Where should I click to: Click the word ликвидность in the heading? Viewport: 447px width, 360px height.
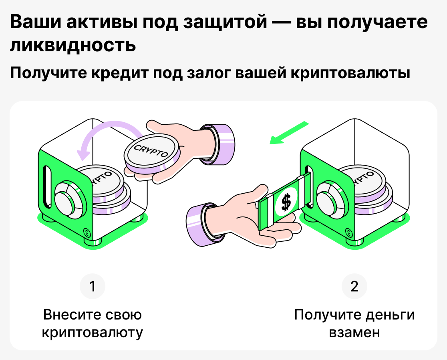pos(72,45)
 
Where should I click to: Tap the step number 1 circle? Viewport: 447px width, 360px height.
pos(93,287)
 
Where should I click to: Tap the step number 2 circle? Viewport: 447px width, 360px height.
pos(354,287)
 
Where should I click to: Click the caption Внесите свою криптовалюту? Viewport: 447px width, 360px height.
pos(93,324)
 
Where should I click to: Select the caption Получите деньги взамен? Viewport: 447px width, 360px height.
pos(354,324)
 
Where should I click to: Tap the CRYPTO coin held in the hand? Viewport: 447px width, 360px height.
pos(152,153)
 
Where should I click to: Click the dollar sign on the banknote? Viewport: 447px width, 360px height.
pos(286,202)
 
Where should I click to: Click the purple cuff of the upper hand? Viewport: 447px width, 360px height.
pos(218,143)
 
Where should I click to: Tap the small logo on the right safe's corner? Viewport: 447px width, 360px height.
pos(348,231)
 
